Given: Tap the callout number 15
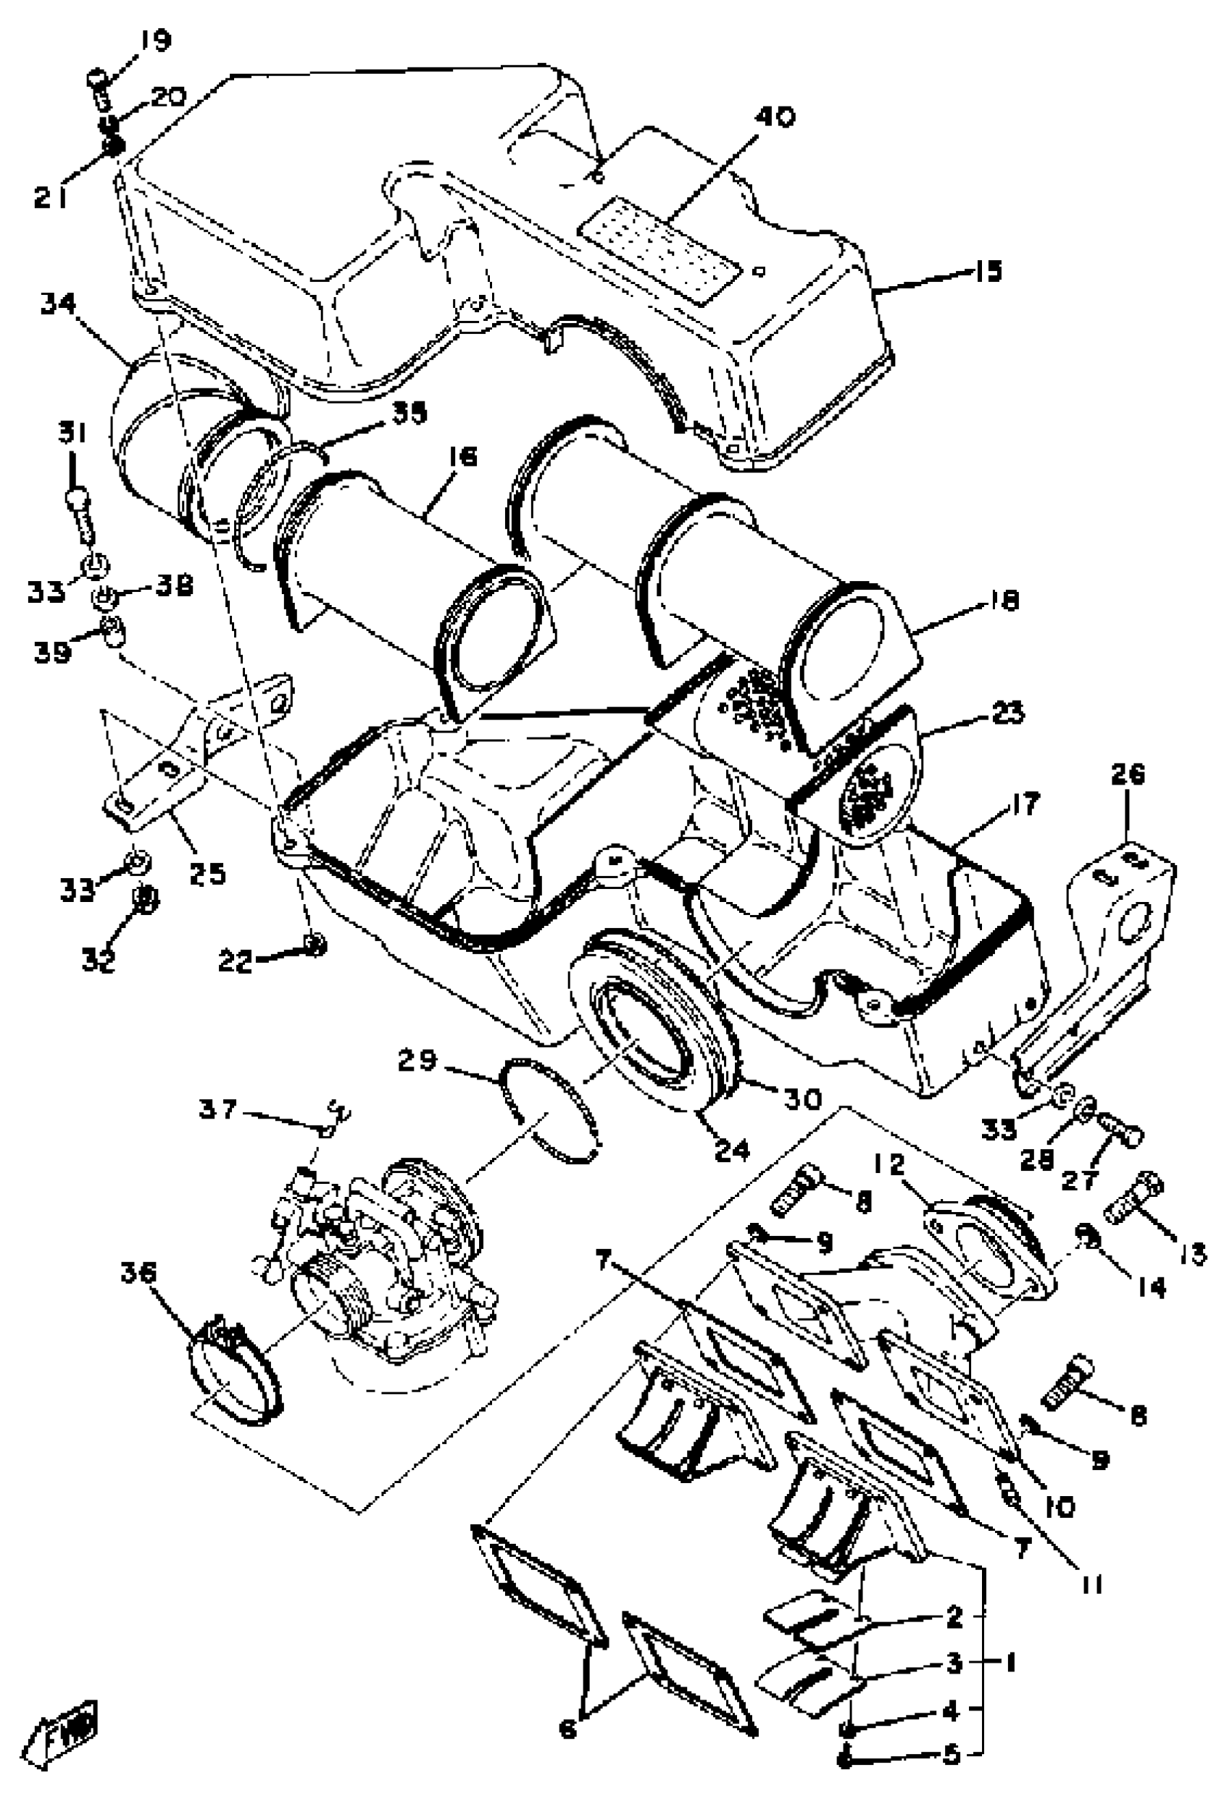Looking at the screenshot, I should coord(988,271).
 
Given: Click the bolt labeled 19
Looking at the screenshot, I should coord(99,89).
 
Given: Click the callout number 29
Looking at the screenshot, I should coord(418,1061).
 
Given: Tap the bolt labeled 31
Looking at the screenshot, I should coord(80,512).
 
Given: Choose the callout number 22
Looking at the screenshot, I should coord(235,963).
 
